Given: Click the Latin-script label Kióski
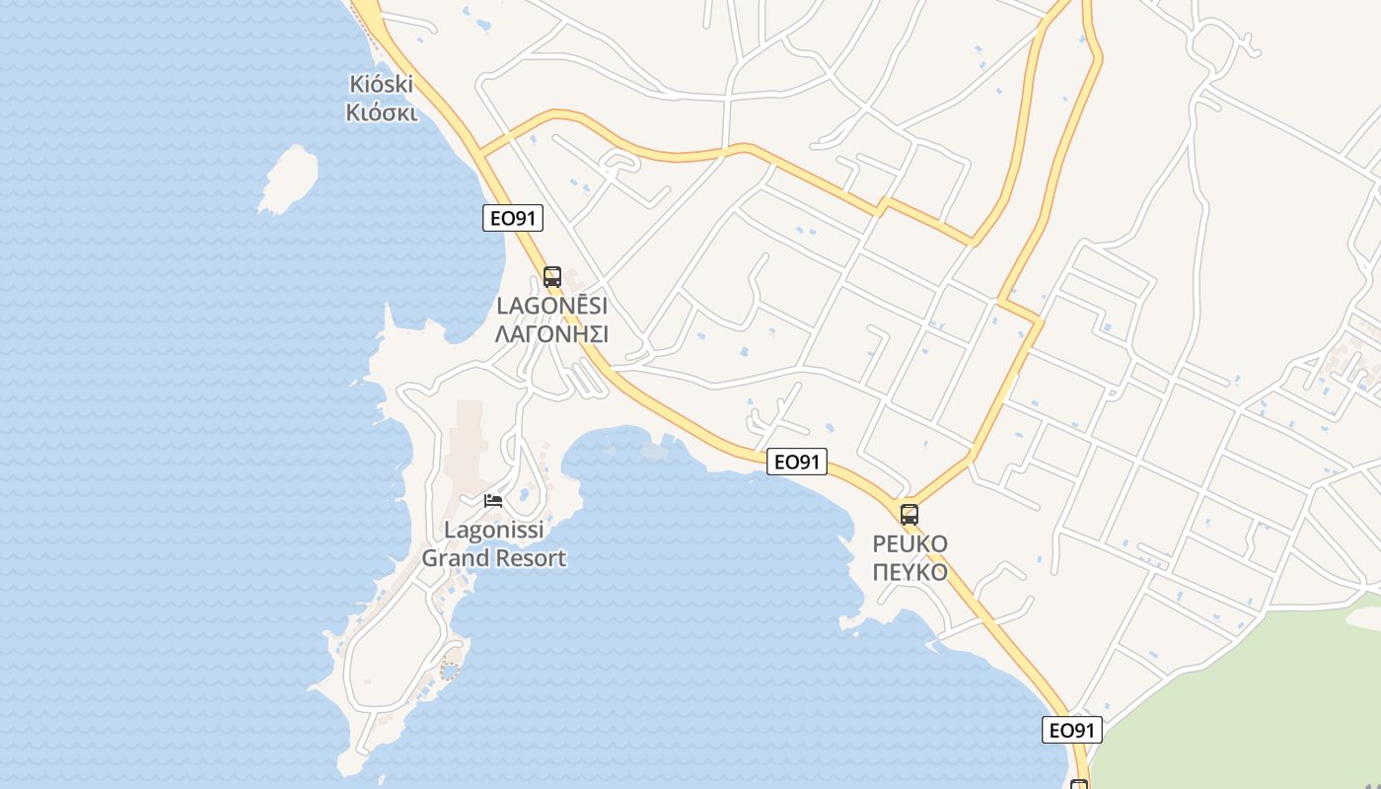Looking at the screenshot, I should coord(381,84).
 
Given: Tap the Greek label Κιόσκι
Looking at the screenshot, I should coord(382,112).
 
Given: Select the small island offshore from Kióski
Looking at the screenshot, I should coord(289,179).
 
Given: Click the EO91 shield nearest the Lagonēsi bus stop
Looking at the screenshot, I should coord(513,218).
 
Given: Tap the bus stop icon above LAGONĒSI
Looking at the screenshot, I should coord(552,277).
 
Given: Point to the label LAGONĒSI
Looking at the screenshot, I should coord(551,306).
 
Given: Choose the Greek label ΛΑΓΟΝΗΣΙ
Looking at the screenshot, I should coord(551,334).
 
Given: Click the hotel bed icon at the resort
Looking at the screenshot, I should coord(493,501).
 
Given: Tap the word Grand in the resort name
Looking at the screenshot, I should coord(457,558).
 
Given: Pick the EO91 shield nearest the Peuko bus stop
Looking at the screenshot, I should coord(797,462).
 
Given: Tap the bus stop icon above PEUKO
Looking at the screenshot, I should coord(909,515).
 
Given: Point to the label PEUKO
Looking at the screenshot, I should coord(909,544).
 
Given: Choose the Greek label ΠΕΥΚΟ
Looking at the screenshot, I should coord(909,573).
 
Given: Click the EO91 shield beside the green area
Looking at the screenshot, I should coord(1072,731).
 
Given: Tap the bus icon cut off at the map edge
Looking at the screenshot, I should coord(1079,784).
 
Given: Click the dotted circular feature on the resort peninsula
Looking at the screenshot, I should coord(450,672).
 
